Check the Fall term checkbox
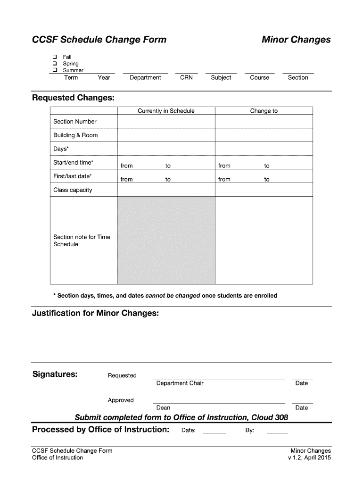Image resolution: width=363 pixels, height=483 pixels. pyautogui.click(x=55, y=57)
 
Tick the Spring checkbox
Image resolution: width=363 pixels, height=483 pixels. pyautogui.click(x=55, y=63)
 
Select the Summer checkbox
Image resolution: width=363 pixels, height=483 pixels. pyautogui.click(x=55, y=70)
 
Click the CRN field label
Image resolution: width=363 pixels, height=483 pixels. pyautogui.click(x=186, y=77)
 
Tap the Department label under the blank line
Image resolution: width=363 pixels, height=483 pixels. pyautogui.click(x=145, y=77)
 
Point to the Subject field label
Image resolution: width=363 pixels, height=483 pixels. pyautogui.click(x=221, y=77)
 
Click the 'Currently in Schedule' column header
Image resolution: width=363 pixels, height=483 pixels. pyautogui.click(x=166, y=111)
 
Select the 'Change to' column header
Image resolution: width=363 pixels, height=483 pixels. pyautogui.click(x=264, y=111)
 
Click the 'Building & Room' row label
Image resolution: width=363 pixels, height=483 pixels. pyautogui.click(x=75, y=135)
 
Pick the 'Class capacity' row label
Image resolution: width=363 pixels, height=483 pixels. pyautogui.click(x=73, y=190)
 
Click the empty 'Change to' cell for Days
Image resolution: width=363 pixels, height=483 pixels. pyautogui.click(x=264, y=149)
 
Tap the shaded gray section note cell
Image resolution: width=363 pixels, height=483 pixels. pyautogui.click(x=166, y=240)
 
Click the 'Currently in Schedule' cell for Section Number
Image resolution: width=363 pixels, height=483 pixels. pyautogui.click(x=166, y=121)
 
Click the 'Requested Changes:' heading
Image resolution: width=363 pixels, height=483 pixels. pyautogui.click(x=73, y=98)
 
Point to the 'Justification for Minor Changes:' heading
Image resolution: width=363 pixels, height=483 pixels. pyautogui.click(x=95, y=313)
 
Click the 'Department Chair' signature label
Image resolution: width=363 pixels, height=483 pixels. pyautogui.click(x=180, y=383)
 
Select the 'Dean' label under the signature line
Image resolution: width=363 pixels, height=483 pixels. pyautogui.click(x=163, y=408)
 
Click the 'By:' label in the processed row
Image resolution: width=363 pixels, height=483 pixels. pyautogui.click(x=249, y=430)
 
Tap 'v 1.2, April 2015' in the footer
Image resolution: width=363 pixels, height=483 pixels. pyautogui.click(x=309, y=458)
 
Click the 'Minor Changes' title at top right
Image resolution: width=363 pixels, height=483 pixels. pyautogui.click(x=296, y=40)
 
